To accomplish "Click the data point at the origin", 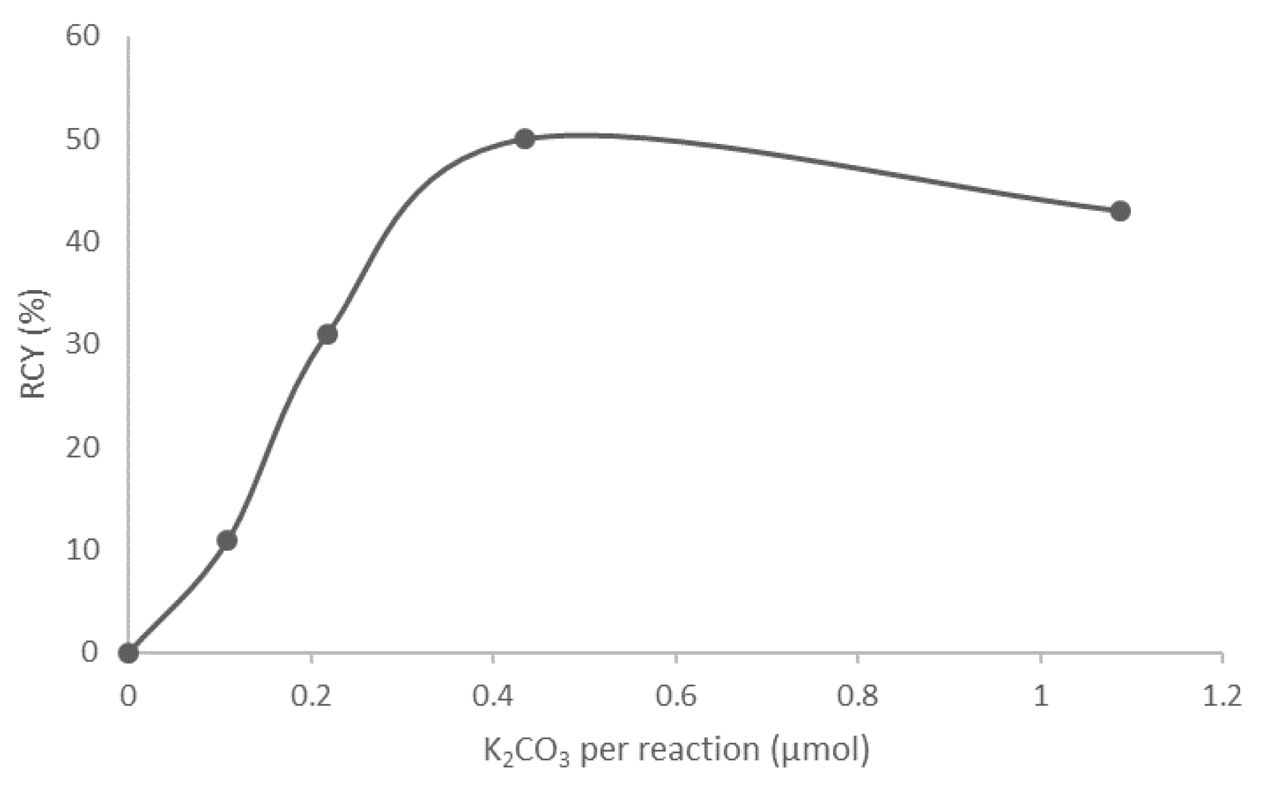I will click(x=129, y=653).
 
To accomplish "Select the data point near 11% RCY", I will click(x=227, y=541).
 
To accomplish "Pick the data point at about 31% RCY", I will click(x=328, y=334).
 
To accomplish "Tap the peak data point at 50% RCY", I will click(x=525, y=139).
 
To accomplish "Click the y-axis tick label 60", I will click(x=83, y=37).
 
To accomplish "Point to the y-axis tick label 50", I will click(x=83, y=140).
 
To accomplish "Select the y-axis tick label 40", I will click(x=83, y=242).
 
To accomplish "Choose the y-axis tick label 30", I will click(x=83, y=345).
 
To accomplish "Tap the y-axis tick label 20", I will click(x=83, y=447).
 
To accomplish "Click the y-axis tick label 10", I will click(x=83, y=550).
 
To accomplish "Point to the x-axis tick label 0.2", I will click(x=311, y=697).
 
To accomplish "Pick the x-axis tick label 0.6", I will click(x=676, y=697).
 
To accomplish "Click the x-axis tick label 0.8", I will click(x=858, y=697).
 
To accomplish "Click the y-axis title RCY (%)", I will click(x=34, y=344).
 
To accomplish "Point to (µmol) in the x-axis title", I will click(x=820, y=751).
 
